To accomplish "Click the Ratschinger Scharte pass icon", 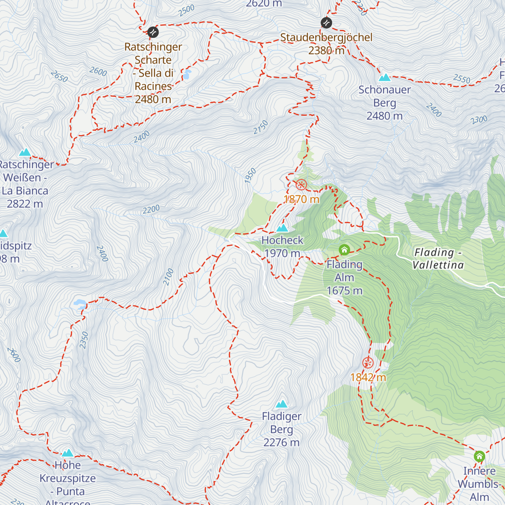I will point(153,32).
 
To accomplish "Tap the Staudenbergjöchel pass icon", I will point(326,23).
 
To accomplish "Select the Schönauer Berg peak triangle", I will point(384,77).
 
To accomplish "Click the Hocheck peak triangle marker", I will point(282,229).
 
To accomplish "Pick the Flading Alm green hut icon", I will point(344,250).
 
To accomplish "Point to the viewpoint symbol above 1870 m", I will point(301,185).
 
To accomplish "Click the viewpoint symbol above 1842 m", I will point(368,363).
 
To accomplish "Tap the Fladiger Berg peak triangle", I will point(282,404).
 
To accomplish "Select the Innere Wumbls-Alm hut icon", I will point(479,457).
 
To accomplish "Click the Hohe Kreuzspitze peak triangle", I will point(68,453).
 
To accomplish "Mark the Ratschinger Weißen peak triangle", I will point(25,152).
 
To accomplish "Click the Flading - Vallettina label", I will point(438,258).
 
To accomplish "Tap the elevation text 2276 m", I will point(282,443).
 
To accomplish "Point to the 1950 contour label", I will point(250,175).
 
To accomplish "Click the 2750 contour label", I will point(261,127).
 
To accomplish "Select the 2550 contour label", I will point(462,79).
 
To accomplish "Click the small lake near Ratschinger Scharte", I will point(186,75).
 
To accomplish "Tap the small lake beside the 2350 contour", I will point(80,303).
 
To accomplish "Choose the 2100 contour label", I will point(169,277).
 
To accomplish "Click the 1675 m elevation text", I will point(344,291).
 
